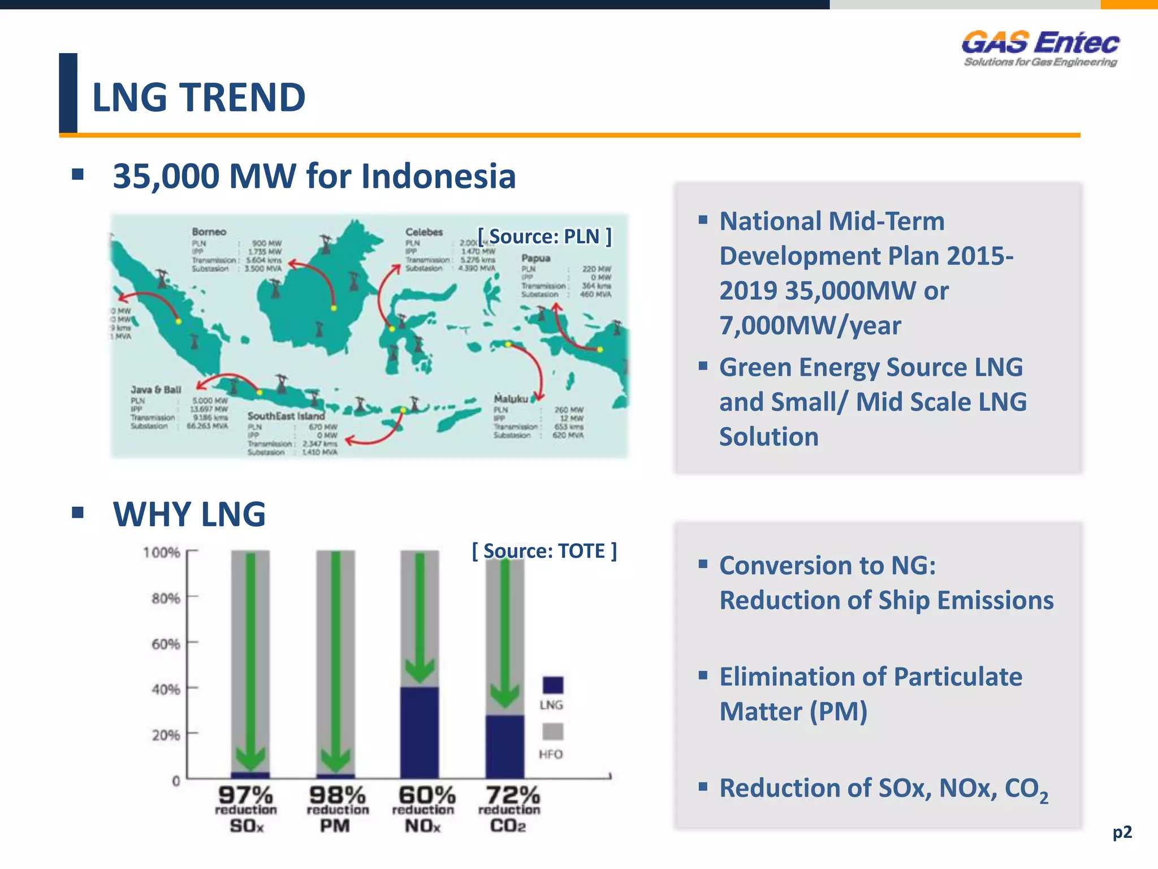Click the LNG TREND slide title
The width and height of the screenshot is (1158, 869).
tap(198, 97)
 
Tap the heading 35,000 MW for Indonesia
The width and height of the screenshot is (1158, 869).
tap(314, 176)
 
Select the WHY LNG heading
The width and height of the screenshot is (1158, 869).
tap(189, 514)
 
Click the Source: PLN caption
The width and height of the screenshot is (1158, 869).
tap(544, 236)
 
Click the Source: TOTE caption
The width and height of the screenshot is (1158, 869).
tap(544, 550)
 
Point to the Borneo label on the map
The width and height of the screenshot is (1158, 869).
tap(209, 232)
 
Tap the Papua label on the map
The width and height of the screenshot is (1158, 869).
tap(535, 258)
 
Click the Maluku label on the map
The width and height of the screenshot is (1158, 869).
tap(511, 398)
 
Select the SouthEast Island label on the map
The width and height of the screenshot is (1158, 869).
tap(286, 416)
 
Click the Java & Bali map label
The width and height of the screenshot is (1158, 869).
tap(156, 390)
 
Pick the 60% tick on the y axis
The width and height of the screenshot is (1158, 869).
tap(166, 644)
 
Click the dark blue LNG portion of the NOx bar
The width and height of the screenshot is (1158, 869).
tap(420, 733)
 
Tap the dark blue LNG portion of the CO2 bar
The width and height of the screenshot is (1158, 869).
tap(504, 747)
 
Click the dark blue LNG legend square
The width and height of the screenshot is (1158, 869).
tap(552, 685)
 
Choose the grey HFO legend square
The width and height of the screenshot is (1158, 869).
tap(552, 732)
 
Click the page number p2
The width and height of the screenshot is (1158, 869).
tap(1122, 832)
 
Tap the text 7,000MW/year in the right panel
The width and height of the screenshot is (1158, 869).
tap(810, 326)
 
